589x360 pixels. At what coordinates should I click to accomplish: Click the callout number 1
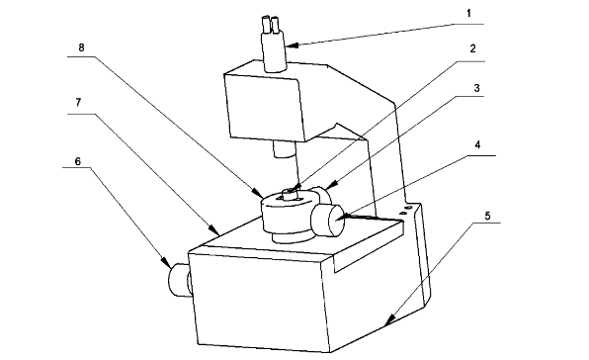point(468,14)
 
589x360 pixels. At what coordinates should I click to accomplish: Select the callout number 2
point(472,48)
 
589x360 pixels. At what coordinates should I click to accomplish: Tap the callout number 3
point(476,88)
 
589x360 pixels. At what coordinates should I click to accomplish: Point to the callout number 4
point(477,145)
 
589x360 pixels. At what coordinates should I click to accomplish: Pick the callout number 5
point(487,216)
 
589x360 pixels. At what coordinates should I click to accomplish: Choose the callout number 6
point(78,161)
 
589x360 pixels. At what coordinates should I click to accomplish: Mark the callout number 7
point(78,103)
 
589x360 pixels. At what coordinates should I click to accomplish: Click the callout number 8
point(81,47)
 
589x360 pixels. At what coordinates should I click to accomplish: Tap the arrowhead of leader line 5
point(389,319)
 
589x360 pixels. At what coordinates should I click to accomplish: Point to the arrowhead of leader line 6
point(166,262)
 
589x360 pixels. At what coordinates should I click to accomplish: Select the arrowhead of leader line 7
point(214,230)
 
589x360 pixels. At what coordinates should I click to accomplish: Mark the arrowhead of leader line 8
point(259,193)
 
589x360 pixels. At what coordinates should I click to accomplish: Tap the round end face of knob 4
point(336,220)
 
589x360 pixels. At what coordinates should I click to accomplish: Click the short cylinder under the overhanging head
point(285,149)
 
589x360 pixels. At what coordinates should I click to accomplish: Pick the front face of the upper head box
point(265,107)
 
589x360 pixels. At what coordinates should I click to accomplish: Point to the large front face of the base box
point(259,301)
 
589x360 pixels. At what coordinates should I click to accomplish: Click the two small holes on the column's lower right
point(406,210)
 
